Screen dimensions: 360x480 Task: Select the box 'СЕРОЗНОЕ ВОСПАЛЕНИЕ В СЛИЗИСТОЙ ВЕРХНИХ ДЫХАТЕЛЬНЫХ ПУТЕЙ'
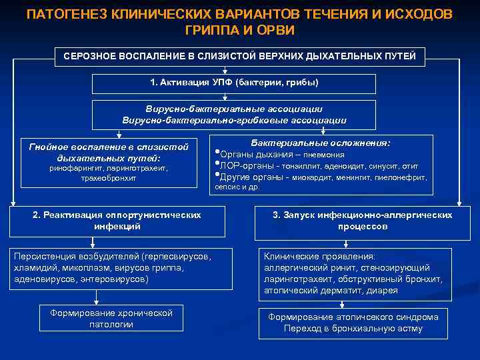[240, 56]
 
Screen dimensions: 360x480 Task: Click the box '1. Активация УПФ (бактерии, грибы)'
[233, 83]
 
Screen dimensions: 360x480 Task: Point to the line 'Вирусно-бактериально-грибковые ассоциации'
[233, 121]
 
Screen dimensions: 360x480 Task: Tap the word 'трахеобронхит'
[109, 178]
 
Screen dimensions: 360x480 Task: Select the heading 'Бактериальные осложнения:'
[321, 143]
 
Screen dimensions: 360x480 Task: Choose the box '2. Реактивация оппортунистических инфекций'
[117, 221]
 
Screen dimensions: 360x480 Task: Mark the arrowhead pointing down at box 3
[459, 205]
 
